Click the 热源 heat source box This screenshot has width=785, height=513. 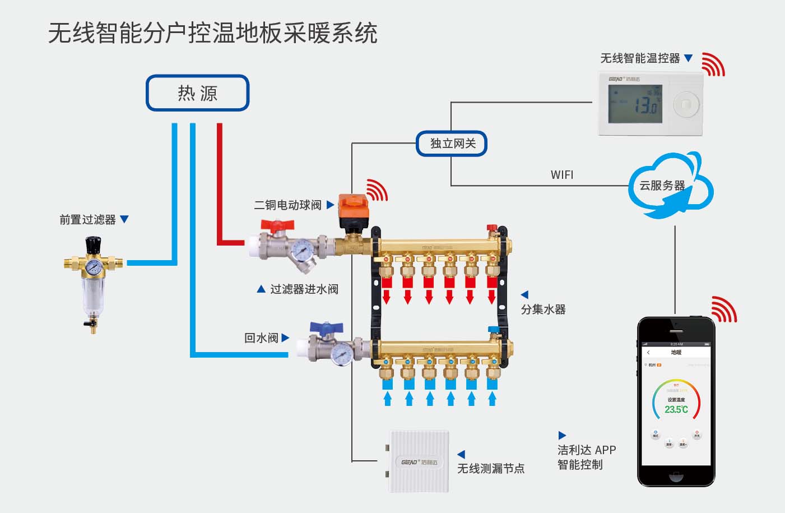[197, 93]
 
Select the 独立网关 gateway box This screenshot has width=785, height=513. [452, 144]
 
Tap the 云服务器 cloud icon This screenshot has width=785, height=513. [667, 186]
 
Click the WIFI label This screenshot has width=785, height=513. [561, 175]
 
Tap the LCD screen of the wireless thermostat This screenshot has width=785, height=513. [635, 104]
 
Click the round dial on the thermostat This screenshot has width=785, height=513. [686, 104]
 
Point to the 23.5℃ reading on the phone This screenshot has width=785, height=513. [676, 410]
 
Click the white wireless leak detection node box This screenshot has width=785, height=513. [419, 461]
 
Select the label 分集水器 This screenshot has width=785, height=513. [543, 309]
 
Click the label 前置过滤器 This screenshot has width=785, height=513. [87, 220]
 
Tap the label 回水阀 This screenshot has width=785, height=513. [261, 338]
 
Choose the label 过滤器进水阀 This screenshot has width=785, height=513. [304, 289]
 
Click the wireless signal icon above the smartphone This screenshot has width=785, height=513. [723, 309]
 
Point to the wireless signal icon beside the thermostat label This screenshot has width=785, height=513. [713, 64]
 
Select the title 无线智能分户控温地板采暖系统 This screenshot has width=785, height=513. [213, 34]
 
